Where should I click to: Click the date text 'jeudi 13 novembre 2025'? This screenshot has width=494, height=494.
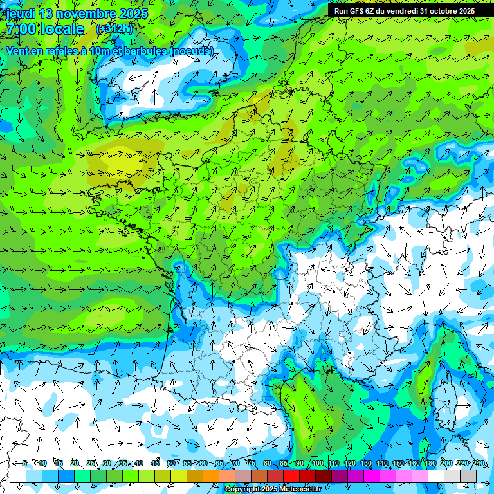(77, 14)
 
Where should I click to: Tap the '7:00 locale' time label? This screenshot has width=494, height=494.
(45, 29)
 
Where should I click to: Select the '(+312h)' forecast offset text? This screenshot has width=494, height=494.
(115, 29)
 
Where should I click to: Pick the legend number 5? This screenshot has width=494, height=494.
(24, 463)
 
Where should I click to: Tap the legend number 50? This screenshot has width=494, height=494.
(170, 463)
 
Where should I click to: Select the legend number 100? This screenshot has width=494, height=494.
(317, 463)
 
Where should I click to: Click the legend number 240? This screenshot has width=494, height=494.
(479, 463)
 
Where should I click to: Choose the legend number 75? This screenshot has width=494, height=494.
(252, 463)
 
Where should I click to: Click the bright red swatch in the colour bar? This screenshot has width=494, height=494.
(291, 476)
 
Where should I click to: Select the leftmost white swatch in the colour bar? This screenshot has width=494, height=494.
(18, 476)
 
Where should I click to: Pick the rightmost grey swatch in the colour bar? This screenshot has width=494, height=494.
(468, 476)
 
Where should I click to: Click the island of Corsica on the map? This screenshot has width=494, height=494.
(444, 392)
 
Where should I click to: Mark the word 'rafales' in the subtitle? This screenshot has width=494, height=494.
(54, 51)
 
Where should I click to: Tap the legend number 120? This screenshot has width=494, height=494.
(349, 463)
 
